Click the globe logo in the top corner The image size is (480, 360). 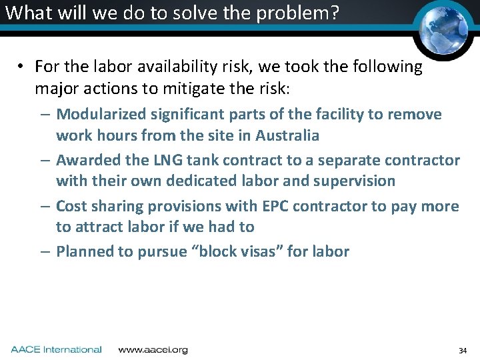pyautogui.click(x=443, y=28)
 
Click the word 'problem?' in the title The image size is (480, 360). pyautogui.click(x=299, y=13)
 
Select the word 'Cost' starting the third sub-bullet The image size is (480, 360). pyautogui.click(x=71, y=206)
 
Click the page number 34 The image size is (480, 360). pyautogui.click(x=463, y=351)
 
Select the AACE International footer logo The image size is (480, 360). pyautogui.click(x=56, y=349)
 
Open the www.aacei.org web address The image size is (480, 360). pyautogui.click(x=153, y=349)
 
